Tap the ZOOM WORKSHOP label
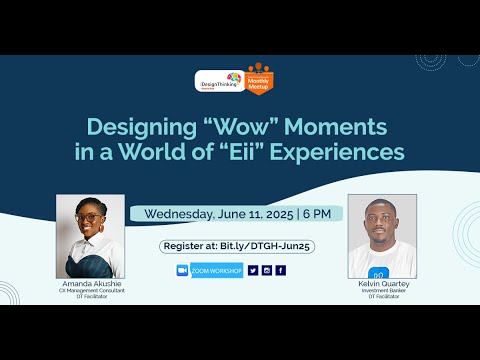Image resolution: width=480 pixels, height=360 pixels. [x=216, y=270]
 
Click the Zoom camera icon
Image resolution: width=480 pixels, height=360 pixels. [x=182, y=270]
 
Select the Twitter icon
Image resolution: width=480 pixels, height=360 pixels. [x=253, y=270]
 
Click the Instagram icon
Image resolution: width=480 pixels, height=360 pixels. [x=267, y=270]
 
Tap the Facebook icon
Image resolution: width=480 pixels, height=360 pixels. [x=281, y=270]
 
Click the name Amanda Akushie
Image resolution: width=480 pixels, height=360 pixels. [x=90, y=284]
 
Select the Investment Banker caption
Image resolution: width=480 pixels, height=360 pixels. [x=382, y=290]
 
